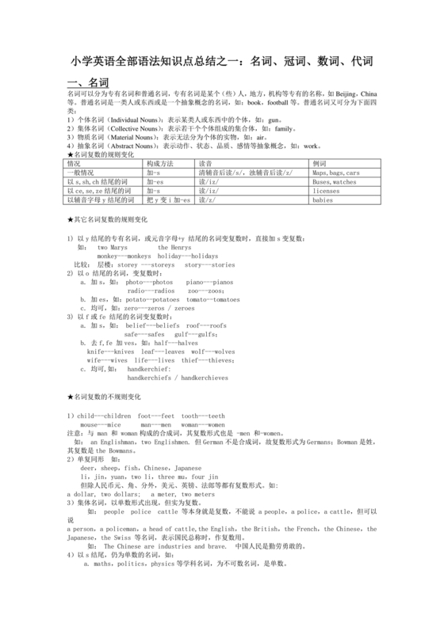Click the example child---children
point(101,416)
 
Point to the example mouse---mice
point(103,424)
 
